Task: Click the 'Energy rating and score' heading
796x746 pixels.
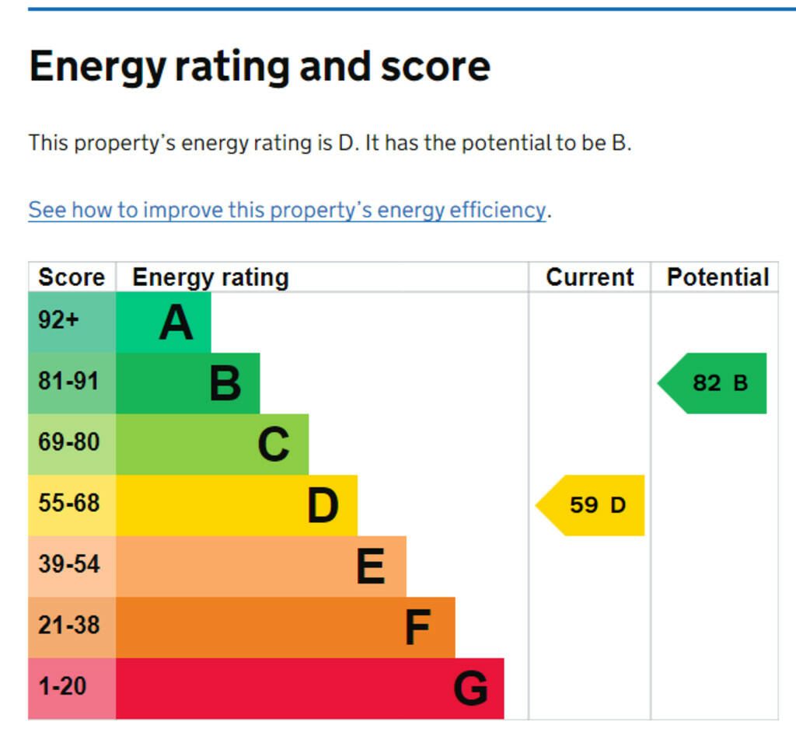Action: pyautogui.click(x=260, y=67)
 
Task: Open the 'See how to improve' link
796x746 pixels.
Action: pyautogui.click(x=287, y=210)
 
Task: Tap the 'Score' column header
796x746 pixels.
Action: pyautogui.click(x=72, y=277)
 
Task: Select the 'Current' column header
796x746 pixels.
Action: pyautogui.click(x=589, y=277)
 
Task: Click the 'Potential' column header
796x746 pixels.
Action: pyautogui.click(x=717, y=277)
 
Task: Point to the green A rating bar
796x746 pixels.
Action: pyautogui.click(x=163, y=322)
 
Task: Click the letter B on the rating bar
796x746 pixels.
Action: pyautogui.click(x=225, y=383)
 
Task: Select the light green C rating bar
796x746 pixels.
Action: pyautogui.click(x=211, y=444)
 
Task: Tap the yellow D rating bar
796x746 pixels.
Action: pyautogui.click(x=236, y=505)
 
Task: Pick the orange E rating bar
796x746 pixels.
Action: pyautogui.click(x=260, y=566)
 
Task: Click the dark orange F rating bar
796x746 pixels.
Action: pyautogui.click(x=285, y=627)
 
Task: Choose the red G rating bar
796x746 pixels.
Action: pyautogui.click(x=309, y=688)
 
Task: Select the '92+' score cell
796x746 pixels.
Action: pyautogui.click(x=72, y=322)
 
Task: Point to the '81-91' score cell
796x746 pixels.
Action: pyautogui.click(x=72, y=383)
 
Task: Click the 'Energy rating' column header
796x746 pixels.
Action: pyautogui.click(x=210, y=277)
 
